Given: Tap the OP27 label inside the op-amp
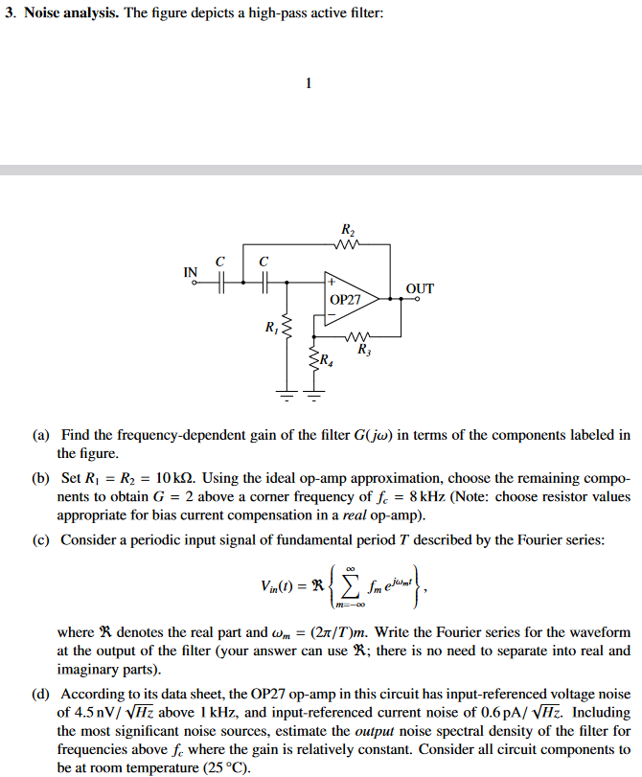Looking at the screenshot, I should [x=345, y=300].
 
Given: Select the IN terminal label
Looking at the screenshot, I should [x=191, y=272].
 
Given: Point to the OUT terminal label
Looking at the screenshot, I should [x=420, y=287].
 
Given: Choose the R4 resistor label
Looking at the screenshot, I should [x=327, y=361].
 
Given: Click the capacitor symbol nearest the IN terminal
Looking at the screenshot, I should [x=221, y=283].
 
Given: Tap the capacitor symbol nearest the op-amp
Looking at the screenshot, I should [x=264, y=283].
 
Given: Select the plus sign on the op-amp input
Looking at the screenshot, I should [x=331, y=284].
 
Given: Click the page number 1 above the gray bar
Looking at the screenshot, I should [x=308, y=82].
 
